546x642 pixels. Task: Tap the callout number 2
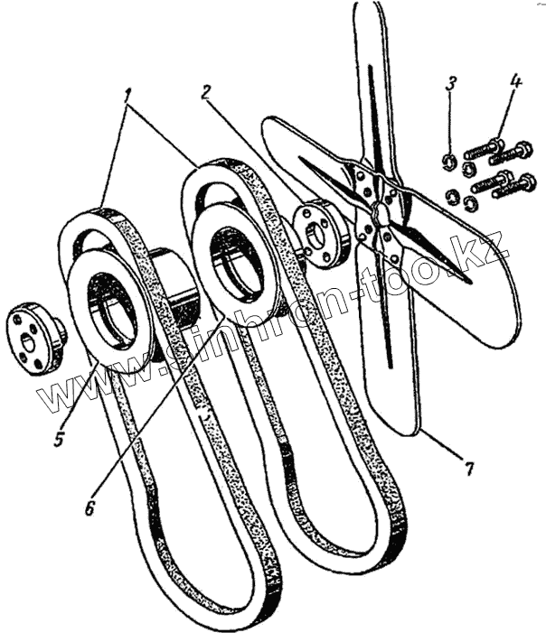(x=207, y=92)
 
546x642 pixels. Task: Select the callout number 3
(x=451, y=85)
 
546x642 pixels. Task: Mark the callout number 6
(x=89, y=507)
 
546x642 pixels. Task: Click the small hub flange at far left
(x=34, y=341)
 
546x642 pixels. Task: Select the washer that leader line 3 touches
(x=446, y=162)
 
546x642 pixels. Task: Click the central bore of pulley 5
(x=111, y=315)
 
